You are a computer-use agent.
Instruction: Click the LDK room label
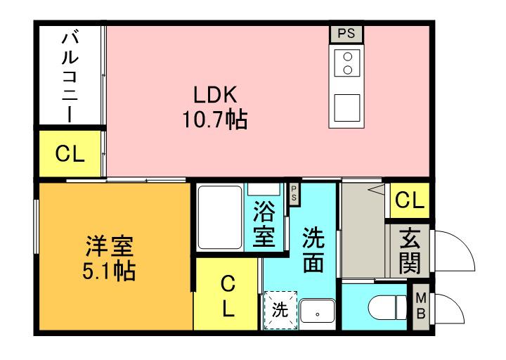218,95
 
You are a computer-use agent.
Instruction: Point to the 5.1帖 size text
111,270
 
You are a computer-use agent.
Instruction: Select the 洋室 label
110,245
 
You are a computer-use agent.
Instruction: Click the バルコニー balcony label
70,76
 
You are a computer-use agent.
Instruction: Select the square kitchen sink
346,107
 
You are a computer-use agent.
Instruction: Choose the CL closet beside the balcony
70,154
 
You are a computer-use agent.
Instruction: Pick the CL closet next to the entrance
410,201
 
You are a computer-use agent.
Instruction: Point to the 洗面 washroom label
313,250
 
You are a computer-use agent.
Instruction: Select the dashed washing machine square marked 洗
279,310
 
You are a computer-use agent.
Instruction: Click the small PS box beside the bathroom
294,195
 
